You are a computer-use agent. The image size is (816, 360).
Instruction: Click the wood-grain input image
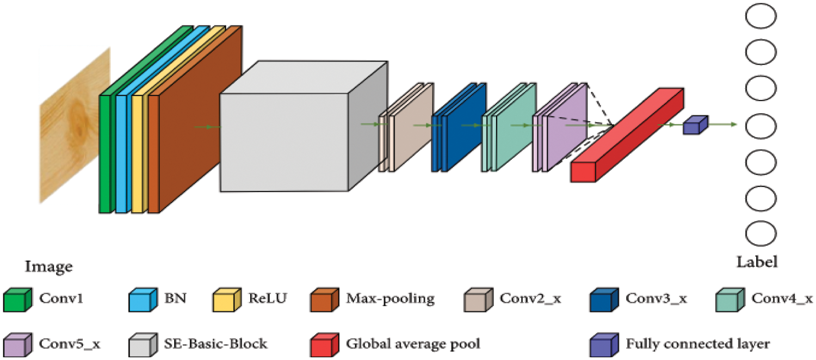[75, 125]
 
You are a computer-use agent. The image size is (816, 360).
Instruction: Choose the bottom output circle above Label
[761, 234]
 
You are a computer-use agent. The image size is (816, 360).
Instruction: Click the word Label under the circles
[757, 262]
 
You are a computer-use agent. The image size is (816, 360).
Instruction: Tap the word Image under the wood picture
[48, 267]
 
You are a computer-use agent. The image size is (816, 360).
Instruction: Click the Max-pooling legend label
[390, 298]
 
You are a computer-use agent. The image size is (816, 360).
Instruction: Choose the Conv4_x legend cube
[730, 300]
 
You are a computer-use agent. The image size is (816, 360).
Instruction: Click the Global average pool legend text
[413, 344]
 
